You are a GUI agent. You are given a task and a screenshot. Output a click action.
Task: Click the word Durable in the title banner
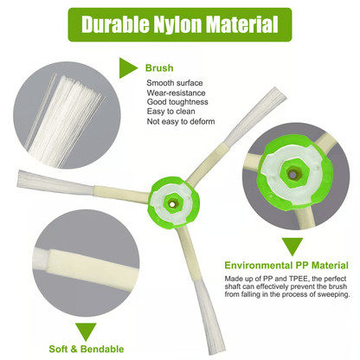pos(115,24)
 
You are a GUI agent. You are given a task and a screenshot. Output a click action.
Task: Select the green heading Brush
pos(159,68)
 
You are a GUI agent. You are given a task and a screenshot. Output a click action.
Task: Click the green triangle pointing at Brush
pos(128,68)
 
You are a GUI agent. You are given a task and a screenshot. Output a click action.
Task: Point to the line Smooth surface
pos(175,83)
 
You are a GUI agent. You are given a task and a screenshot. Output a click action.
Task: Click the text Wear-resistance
pos(176,93)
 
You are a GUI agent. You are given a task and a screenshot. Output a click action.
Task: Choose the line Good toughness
pos(177,102)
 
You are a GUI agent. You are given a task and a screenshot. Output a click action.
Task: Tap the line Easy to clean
pos(170,112)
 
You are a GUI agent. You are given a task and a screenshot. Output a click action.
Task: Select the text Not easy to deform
pos(181,121)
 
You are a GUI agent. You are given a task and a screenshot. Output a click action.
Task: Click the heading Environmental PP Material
pos(286,266)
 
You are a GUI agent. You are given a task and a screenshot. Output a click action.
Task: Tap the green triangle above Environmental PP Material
pos(292,247)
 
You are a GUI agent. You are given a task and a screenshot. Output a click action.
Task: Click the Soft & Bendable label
pos(87,349)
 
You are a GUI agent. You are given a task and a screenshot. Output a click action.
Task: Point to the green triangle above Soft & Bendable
pos(86,331)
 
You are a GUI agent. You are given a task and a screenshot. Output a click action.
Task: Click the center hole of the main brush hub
pos(172,204)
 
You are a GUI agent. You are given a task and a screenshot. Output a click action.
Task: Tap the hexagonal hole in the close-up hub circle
pos(292,174)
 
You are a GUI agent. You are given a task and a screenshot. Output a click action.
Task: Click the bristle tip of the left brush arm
pos(20,178)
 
